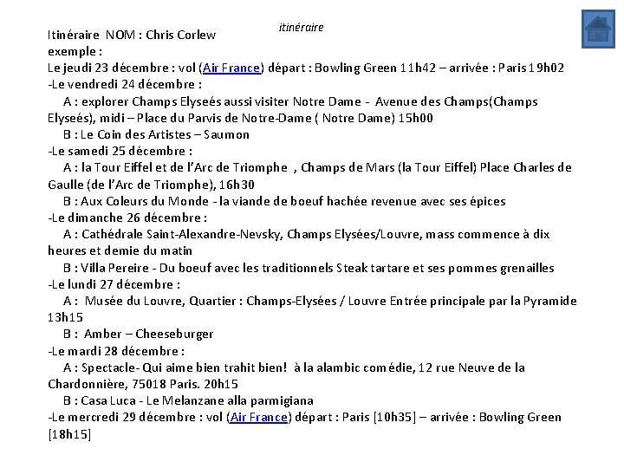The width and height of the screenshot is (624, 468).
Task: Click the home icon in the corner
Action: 597,29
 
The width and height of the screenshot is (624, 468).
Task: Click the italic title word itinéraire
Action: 301,27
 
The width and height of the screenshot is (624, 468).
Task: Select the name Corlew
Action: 196,36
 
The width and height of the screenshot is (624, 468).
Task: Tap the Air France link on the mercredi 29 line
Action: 258,417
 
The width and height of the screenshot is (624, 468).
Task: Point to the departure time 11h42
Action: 419,68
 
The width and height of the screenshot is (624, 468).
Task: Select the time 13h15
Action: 65,318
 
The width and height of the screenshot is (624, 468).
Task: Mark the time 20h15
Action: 221,384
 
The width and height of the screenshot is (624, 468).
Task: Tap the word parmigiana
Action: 280,400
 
